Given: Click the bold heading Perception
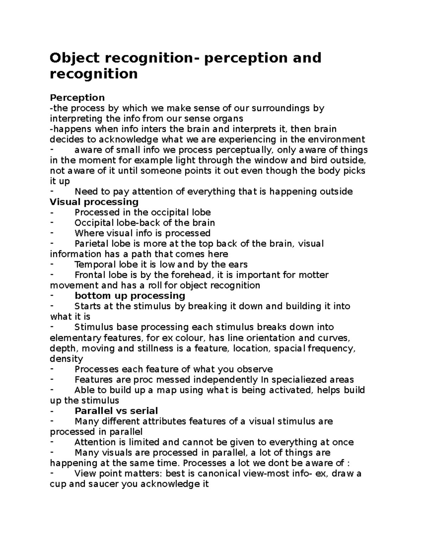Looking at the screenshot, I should coord(77,97).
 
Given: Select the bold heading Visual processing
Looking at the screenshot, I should coord(94,202).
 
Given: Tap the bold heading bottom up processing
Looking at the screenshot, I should coord(130,296).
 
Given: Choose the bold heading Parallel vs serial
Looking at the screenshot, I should coord(116,411).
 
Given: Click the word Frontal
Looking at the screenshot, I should coord(88,275).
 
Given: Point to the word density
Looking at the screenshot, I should coord(66,359).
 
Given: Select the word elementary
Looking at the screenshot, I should coord(76,338).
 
